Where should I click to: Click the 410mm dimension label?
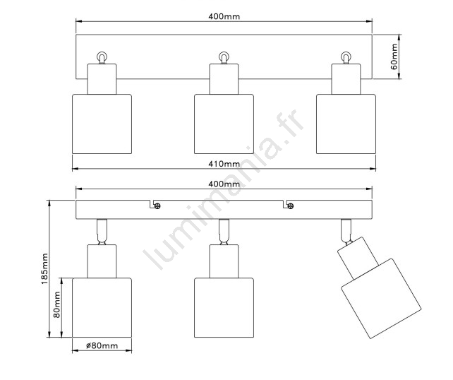[224, 164]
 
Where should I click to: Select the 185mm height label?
[44, 268]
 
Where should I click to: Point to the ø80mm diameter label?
[102, 345]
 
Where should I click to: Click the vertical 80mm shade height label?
[57, 304]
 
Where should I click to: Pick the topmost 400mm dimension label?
[224, 16]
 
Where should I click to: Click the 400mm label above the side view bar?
[224, 184]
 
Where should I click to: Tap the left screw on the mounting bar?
[157, 206]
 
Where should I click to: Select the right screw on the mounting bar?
[291, 206]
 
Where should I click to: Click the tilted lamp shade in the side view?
[381, 299]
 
